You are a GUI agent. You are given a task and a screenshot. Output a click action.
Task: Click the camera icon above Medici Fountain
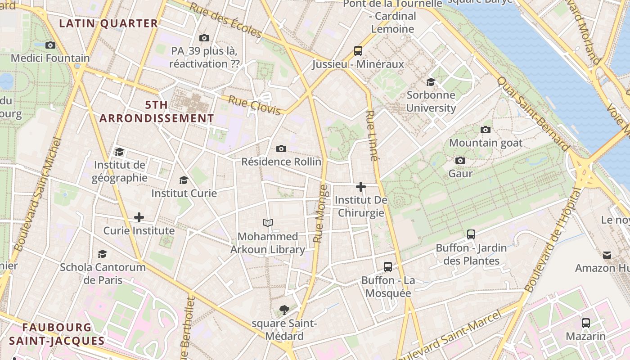click(50, 45)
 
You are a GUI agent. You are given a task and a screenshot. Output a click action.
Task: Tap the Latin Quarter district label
click(108, 23)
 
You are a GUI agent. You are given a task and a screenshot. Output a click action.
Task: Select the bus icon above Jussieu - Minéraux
click(358, 50)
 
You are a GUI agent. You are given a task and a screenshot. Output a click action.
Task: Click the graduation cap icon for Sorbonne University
click(431, 81)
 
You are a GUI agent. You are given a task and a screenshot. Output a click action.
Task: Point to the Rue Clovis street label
click(254, 105)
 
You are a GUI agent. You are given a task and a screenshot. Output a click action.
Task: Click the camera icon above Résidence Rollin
click(281, 148)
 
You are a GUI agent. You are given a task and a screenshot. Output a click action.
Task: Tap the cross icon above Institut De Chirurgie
click(360, 186)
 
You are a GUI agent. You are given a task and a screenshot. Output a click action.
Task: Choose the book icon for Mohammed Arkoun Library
click(268, 223)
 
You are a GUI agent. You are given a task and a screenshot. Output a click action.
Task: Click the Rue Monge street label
click(320, 214)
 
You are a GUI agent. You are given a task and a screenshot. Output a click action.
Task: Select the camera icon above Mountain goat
click(486, 130)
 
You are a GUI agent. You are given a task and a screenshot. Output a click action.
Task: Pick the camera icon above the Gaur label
click(460, 160)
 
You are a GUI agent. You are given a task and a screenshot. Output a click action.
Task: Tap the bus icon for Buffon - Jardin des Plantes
click(471, 234)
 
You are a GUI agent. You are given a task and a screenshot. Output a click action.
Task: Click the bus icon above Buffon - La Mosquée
click(388, 266)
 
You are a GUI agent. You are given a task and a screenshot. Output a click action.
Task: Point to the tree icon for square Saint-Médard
click(284, 310)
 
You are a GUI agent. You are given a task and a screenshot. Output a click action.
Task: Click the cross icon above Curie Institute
click(139, 217)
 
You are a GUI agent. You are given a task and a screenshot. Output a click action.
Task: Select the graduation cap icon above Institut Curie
click(184, 180)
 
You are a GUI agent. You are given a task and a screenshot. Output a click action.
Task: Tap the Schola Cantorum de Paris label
click(103, 273)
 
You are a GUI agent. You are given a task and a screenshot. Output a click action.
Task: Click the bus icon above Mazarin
click(585, 323)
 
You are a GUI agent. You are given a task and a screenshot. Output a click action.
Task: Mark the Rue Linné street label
click(372, 135)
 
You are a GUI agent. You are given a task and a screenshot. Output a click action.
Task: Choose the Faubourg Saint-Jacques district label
click(57, 334)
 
